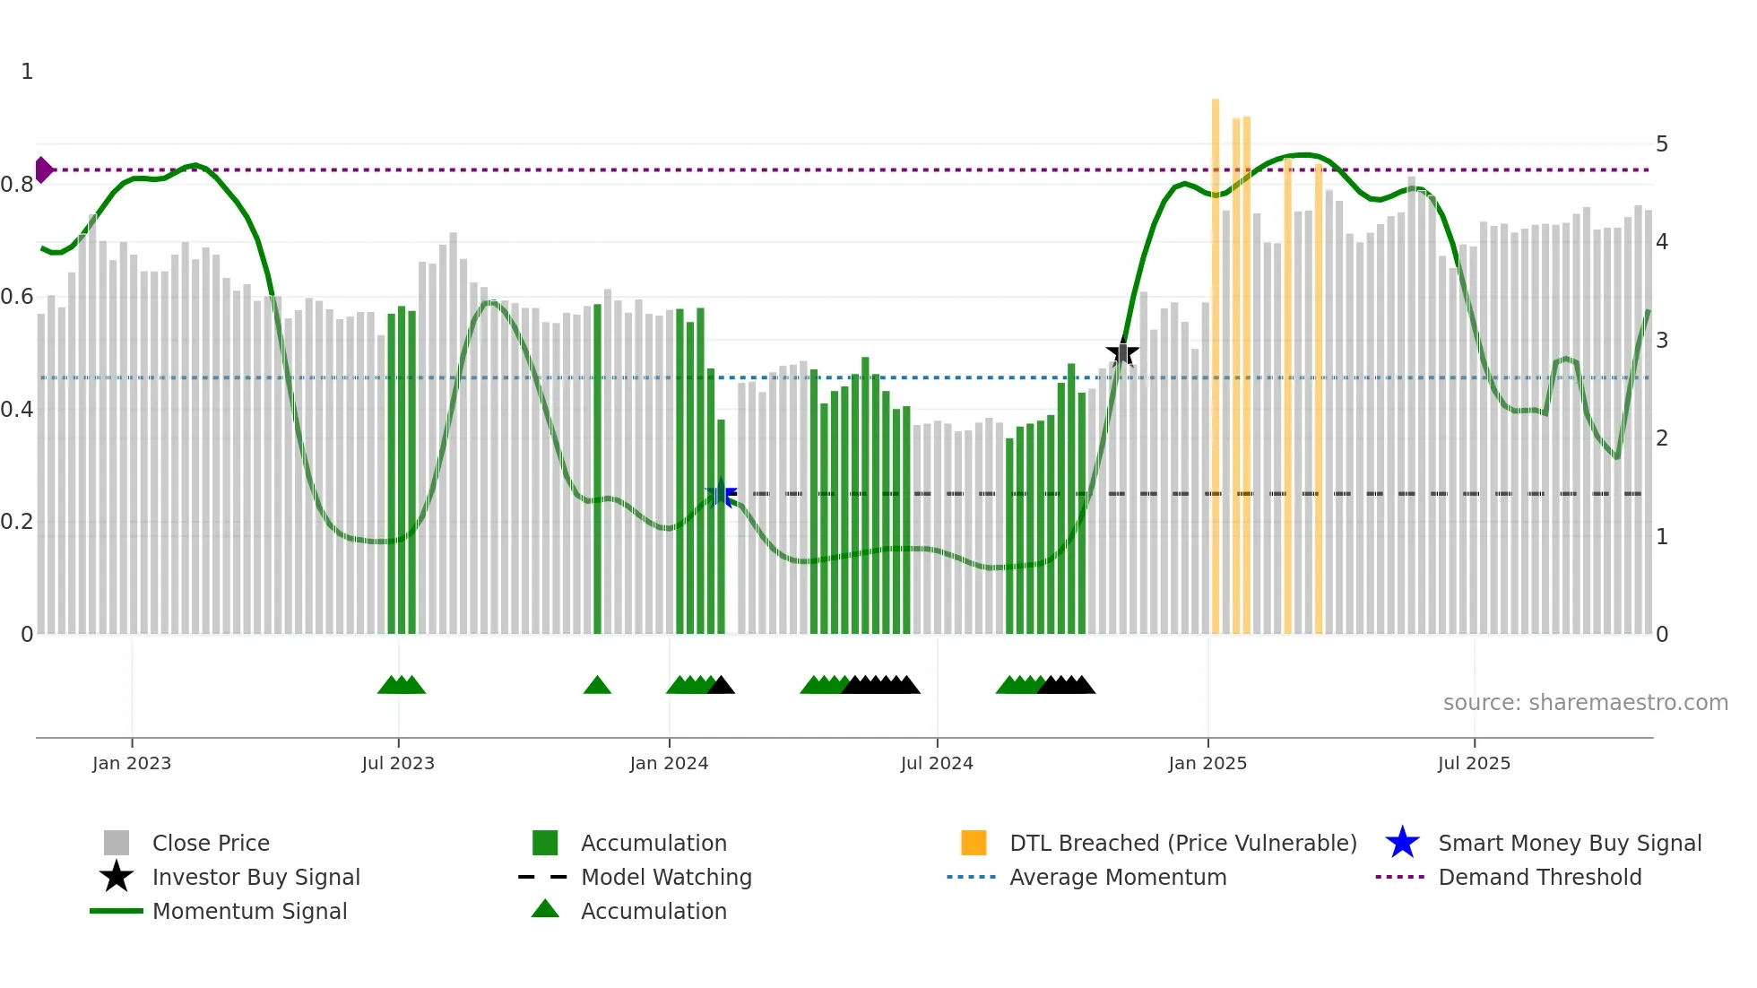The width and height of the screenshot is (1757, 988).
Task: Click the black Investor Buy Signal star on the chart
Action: point(1121,353)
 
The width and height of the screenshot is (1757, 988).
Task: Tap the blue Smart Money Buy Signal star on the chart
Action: point(721,494)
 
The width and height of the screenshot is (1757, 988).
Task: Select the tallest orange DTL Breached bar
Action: point(1216,359)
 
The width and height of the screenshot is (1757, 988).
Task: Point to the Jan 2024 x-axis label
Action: point(669,763)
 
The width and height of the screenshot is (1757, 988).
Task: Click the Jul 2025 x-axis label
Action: point(1474,763)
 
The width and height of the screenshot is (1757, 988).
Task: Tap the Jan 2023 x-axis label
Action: point(132,763)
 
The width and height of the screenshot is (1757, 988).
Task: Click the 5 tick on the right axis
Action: point(1661,144)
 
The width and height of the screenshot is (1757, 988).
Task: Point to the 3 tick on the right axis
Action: point(1661,341)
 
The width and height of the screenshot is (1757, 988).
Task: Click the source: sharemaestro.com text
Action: point(1585,703)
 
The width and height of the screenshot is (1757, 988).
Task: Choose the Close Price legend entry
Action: point(211,843)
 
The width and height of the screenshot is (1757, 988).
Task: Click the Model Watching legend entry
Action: point(666,877)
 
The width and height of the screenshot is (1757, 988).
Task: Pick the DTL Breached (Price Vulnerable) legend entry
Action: point(1182,843)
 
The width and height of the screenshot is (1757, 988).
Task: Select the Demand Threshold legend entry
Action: point(1539,877)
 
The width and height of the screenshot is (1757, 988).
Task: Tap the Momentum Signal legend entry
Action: point(249,911)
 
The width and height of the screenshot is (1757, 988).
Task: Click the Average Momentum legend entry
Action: point(1117,877)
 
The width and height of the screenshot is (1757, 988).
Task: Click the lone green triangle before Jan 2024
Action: point(597,686)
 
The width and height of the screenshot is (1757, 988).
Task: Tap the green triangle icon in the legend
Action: point(545,909)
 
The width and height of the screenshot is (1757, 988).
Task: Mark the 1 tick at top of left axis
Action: point(27,72)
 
